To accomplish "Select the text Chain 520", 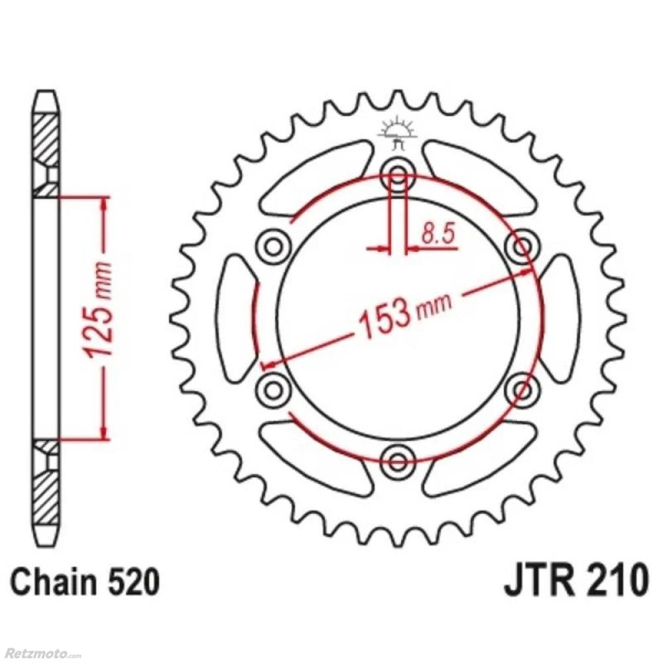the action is click(x=86, y=582).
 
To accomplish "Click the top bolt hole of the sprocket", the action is click(x=397, y=174).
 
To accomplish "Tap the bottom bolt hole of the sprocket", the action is click(x=397, y=461).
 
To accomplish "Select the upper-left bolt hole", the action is click(x=273, y=246).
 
